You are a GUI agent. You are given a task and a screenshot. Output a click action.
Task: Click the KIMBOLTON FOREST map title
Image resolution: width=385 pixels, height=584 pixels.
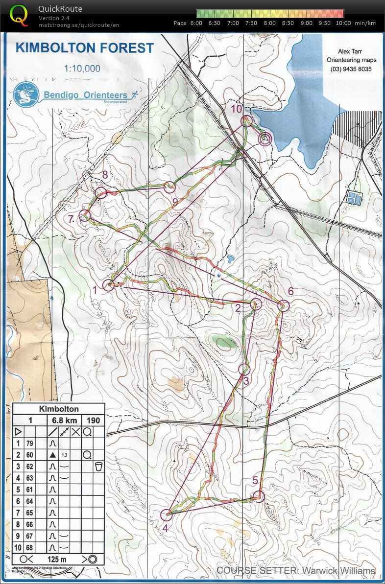coord(85,48)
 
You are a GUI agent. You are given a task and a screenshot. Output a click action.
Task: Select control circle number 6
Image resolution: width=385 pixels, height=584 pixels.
coord(284,305)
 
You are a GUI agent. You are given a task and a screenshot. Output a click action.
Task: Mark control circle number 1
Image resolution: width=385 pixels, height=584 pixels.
coord(109,285)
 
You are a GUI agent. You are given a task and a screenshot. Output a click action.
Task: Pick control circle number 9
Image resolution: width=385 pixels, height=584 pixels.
coord(169,187)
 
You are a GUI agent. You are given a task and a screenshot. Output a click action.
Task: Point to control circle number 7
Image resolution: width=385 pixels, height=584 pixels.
coord(86,215)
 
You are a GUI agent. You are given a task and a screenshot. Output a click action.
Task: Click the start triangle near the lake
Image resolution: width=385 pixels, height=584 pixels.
coord(265,139)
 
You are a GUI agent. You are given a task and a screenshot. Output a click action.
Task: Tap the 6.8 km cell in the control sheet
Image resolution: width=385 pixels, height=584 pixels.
coord(64,420)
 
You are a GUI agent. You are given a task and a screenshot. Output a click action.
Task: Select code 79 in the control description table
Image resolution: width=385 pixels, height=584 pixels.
coord(30,444)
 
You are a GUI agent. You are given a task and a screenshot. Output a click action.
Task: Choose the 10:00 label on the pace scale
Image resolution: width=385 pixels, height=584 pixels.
coord(343,23)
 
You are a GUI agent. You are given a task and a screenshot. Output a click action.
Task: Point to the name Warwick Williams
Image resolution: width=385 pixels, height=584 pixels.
coord(338,571)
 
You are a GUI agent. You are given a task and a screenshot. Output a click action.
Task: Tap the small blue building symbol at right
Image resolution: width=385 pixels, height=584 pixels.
coord(353,198)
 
